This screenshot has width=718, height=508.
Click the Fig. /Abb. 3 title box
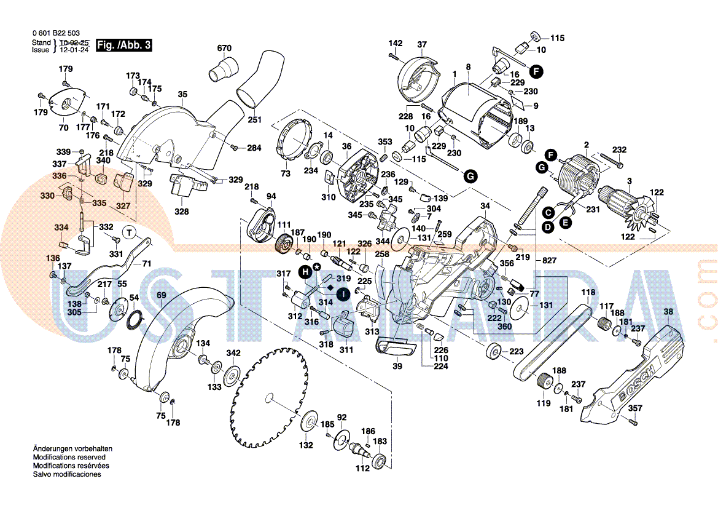(124, 45)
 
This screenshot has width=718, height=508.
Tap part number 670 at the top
(224, 48)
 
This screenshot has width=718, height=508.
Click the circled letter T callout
(130, 232)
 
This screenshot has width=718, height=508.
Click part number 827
(549, 261)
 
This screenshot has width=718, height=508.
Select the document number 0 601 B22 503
(55, 33)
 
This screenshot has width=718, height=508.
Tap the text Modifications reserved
(69, 458)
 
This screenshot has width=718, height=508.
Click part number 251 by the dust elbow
(254, 119)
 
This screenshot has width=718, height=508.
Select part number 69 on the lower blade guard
(161, 296)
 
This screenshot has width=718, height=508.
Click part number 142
(396, 43)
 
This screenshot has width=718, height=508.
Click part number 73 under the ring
(285, 174)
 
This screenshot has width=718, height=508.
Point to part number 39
(397, 367)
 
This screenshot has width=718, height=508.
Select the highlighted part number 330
(47, 196)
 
